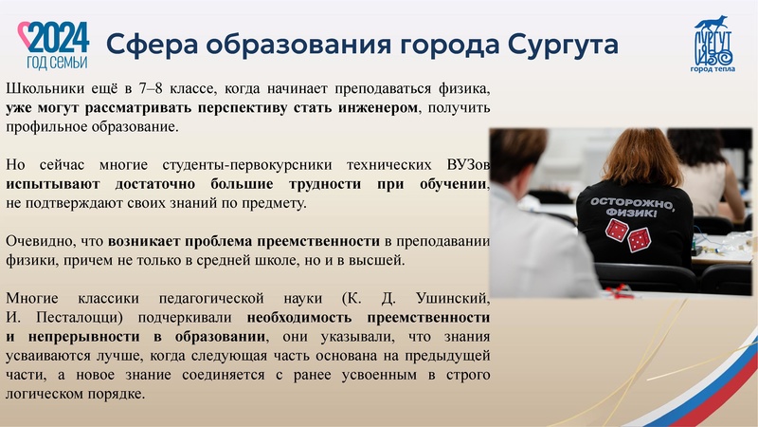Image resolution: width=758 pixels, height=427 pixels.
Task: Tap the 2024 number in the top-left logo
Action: (x=59, y=38)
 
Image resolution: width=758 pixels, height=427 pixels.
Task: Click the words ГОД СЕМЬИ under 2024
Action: (x=58, y=62)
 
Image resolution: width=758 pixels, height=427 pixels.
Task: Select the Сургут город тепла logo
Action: (x=715, y=44)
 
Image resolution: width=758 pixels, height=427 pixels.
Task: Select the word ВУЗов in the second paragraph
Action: (x=467, y=163)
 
